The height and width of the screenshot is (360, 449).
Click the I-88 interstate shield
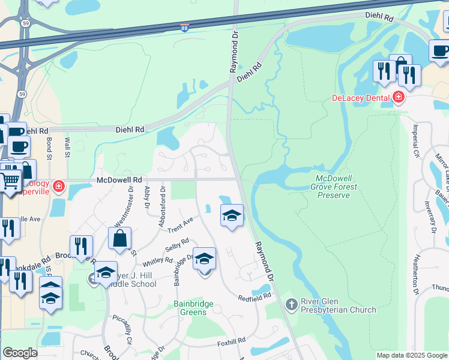(184, 28)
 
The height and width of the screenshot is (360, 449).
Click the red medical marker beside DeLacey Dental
(397, 97)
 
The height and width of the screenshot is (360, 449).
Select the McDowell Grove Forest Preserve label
(337, 187)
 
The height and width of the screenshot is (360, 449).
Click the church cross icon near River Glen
(291, 305)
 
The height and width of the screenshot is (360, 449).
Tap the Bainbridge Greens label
(194, 308)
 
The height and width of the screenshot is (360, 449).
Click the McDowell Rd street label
(119, 179)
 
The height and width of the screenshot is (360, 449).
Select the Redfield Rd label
(255, 296)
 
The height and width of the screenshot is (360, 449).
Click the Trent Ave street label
(181, 224)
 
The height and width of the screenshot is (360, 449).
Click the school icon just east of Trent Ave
(232, 215)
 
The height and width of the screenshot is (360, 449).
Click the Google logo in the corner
(20, 353)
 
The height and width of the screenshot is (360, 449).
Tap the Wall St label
(68, 148)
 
